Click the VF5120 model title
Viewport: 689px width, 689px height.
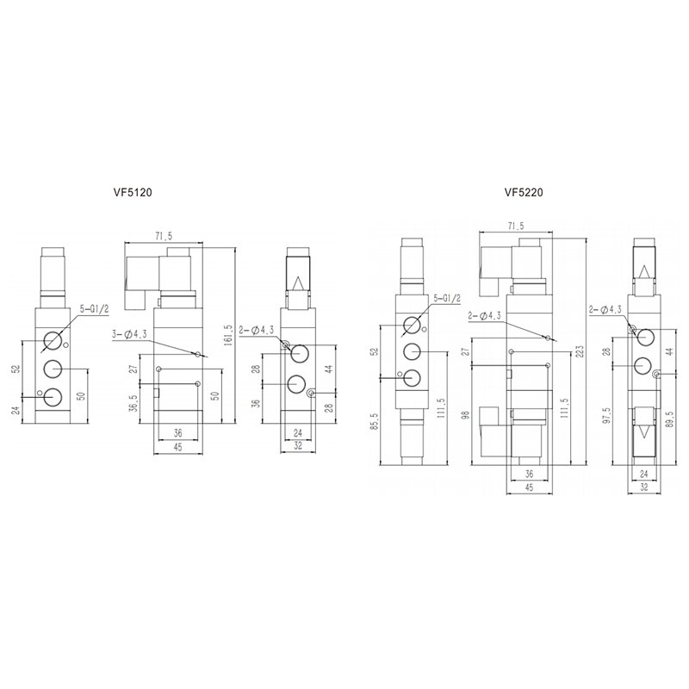point(133,192)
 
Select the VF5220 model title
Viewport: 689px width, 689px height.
point(524,192)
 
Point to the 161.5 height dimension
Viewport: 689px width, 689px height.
point(227,336)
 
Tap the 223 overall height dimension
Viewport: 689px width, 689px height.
point(580,351)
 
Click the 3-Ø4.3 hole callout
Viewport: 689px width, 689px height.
point(129,334)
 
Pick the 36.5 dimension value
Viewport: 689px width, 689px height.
point(134,403)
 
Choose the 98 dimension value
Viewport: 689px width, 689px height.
point(466,415)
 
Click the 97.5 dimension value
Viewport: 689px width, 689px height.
point(607,415)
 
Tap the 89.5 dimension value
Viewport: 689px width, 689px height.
point(670,419)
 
